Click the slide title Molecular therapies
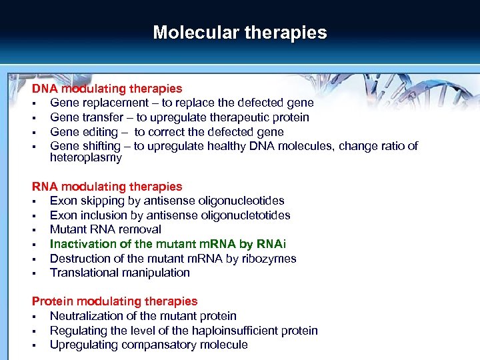tap(240, 33)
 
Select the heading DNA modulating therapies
tap(107, 89)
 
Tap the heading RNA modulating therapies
tap(107, 187)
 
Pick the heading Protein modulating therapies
tap(115, 301)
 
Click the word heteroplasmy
tap(86, 158)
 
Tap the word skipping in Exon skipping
tap(100, 201)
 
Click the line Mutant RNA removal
tap(105, 229)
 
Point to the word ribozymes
tap(269, 259)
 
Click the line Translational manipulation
tap(120, 273)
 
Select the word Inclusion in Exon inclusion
tap(102, 215)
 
